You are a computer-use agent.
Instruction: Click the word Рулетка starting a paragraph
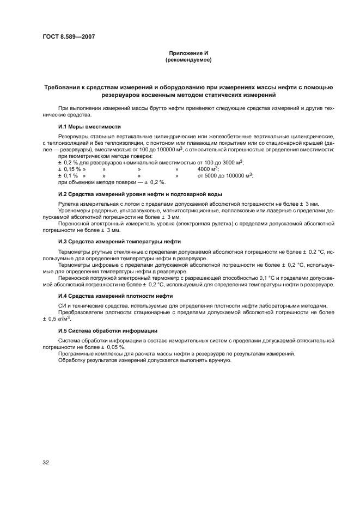[69, 204]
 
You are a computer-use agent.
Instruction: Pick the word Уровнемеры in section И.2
[74, 211]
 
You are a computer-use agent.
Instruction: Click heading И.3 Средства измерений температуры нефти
[120, 241]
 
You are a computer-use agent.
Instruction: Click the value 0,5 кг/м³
[54, 319]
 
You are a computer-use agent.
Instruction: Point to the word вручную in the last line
[212, 360]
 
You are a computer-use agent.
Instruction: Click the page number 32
[46, 462]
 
